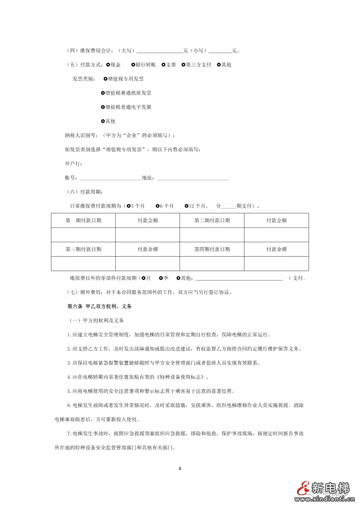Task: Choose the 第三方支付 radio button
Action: tap(183, 65)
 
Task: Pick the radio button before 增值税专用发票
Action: tap(105, 79)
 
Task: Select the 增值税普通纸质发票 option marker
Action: tap(103, 93)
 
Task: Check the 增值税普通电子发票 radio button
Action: tap(103, 107)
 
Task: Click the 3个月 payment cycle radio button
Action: tap(128, 206)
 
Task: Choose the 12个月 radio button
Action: tap(187, 206)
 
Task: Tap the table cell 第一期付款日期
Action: tap(83, 221)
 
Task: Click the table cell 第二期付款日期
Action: tap(212, 221)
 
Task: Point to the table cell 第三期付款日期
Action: tap(83, 249)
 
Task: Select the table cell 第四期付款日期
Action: tap(212, 249)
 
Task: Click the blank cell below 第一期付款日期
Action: tap(83, 235)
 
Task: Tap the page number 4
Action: tap(180, 468)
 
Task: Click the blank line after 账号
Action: tap(110, 178)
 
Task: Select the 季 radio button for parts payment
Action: tap(161, 278)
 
